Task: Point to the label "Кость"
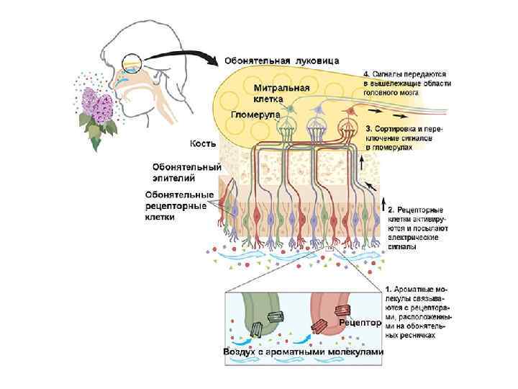(203, 144)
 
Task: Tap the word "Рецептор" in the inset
(360, 323)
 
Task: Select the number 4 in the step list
(366, 74)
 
